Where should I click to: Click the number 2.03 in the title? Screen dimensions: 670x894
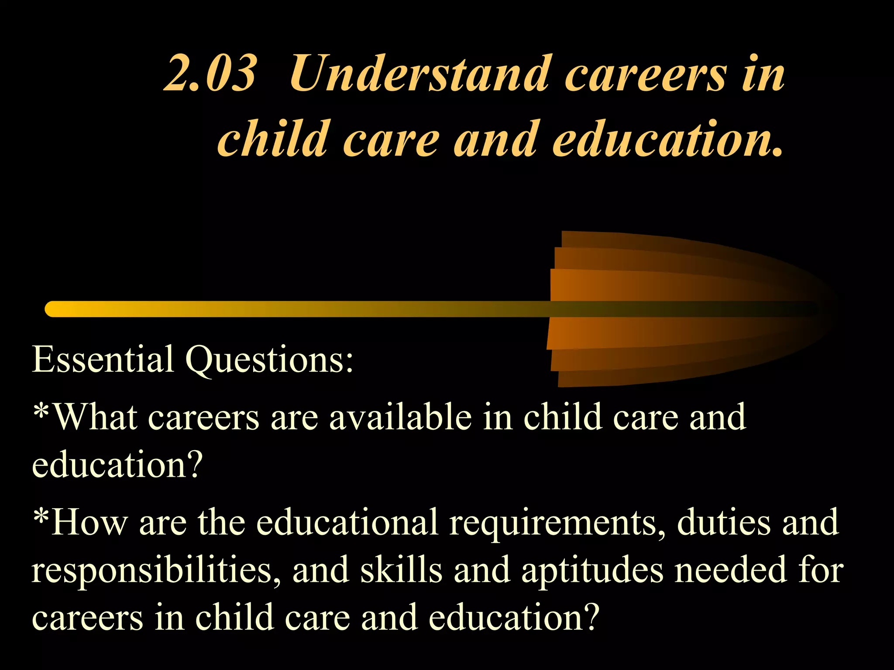[210, 74]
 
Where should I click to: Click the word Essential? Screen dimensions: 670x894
[103, 359]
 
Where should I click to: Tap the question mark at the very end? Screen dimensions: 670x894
[591, 617]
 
